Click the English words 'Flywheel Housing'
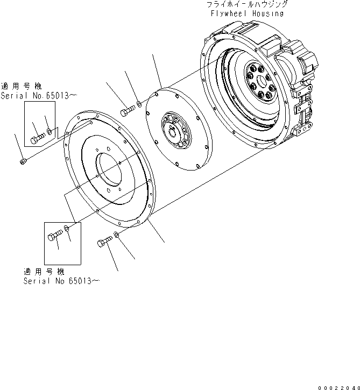click(247, 13)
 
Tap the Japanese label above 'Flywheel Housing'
click(247, 4)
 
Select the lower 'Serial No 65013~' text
click(61, 281)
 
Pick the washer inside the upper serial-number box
click(50, 131)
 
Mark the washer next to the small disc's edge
click(139, 103)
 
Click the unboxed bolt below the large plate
click(103, 244)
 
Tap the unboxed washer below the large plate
click(116, 236)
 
